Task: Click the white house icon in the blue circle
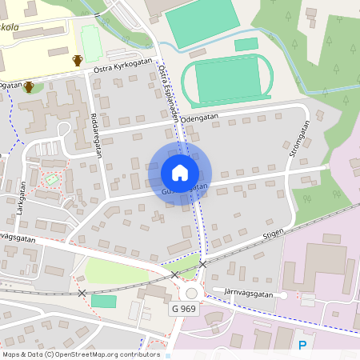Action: point(179,173)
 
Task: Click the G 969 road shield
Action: point(183,309)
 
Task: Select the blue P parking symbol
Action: point(302,345)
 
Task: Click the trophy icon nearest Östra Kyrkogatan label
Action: point(78,59)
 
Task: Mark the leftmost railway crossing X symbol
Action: point(82,294)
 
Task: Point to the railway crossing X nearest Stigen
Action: point(202,264)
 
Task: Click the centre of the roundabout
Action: point(191,293)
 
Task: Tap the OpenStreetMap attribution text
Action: point(80,354)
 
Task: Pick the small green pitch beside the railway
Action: point(103,301)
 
